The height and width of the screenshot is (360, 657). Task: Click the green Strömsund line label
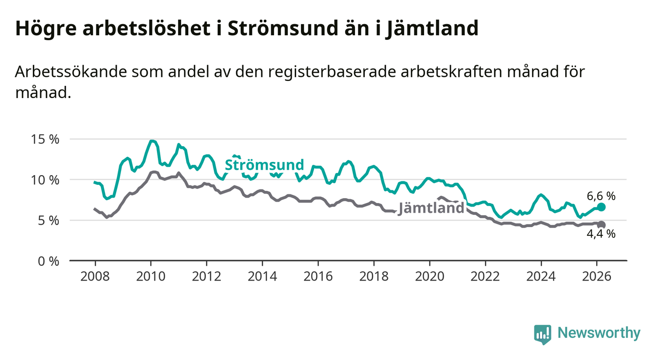click(x=264, y=165)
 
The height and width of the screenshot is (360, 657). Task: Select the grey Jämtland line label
click(x=431, y=208)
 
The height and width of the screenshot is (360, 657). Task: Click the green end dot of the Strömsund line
click(x=601, y=207)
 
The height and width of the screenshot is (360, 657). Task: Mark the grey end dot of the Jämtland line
click(x=601, y=225)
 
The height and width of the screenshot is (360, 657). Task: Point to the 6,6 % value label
click(x=601, y=196)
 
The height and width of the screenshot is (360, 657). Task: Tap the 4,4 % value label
click(x=601, y=234)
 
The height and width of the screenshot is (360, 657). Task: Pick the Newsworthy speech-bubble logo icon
click(x=542, y=334)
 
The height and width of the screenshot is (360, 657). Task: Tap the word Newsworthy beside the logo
click(x=599, y=333)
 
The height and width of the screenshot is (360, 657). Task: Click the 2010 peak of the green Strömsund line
click(x=152, y=141)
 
